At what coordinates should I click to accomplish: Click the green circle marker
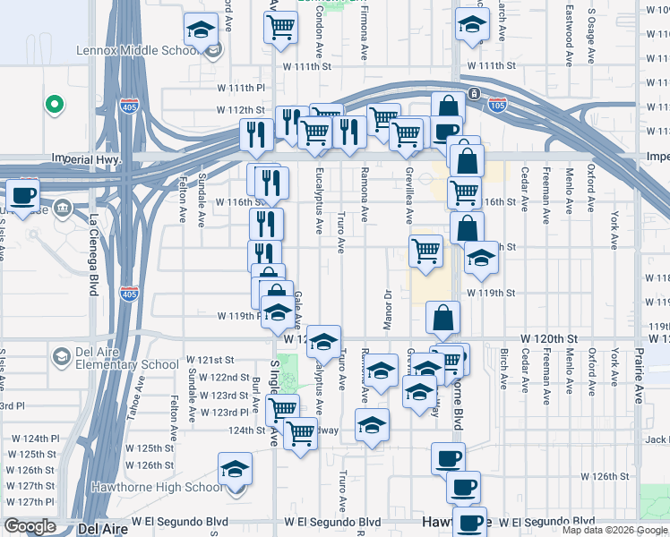[55, 105]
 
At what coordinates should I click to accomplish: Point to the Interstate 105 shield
[498, 106]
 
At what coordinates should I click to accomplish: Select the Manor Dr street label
[389, 308]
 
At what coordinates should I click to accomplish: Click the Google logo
[30, 525]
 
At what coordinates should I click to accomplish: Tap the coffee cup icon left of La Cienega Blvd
[23, 194]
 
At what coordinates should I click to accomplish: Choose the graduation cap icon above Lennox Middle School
[202, 29]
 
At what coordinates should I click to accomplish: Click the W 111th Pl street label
[242, 89]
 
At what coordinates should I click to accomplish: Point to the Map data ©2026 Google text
[614, 530]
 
